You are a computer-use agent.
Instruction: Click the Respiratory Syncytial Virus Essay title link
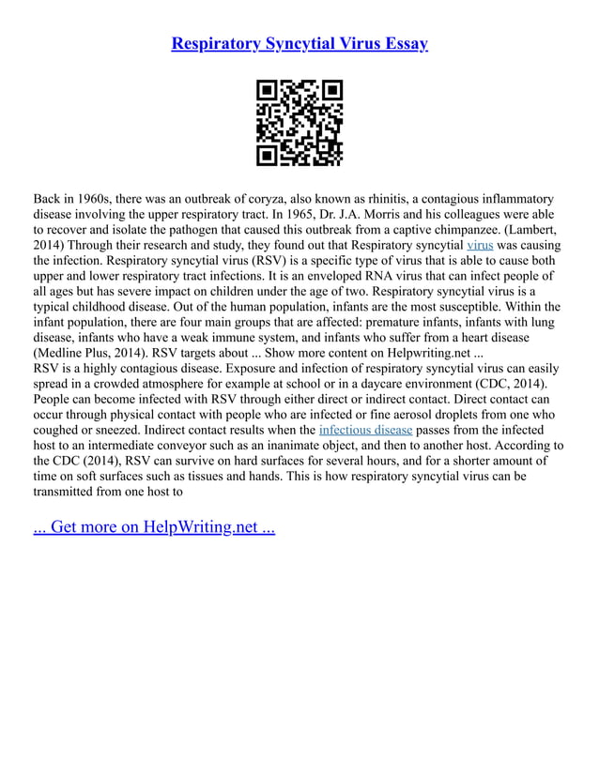pyautogui.click(x=299, y=43)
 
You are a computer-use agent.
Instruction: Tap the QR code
pyautogui.click(x=299, y=124)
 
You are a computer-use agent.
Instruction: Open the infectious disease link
pyautogui.click(x=365, y=431)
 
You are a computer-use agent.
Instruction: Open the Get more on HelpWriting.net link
pyautogui.click(x=154, y=526)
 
